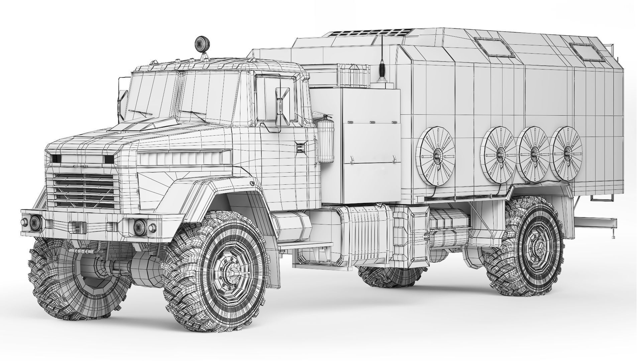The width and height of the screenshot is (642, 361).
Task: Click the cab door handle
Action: coord(301,145)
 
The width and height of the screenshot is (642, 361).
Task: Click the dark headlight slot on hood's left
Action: coord(55,158)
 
